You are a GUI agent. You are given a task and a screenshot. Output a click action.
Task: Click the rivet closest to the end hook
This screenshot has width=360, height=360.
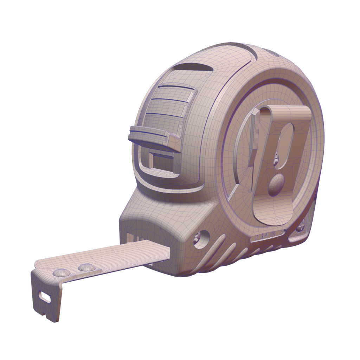[x=61, y=272]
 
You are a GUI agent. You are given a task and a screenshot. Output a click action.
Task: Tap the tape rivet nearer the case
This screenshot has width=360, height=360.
[x=86, y=268]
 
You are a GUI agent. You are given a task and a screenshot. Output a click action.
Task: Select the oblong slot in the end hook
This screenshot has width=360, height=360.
[x=45, y=297]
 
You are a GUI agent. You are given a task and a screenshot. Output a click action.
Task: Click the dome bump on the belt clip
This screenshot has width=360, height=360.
[x=276, y=185]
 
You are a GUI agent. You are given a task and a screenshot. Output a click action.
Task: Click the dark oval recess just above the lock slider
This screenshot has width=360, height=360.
[x=193, y=67]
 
